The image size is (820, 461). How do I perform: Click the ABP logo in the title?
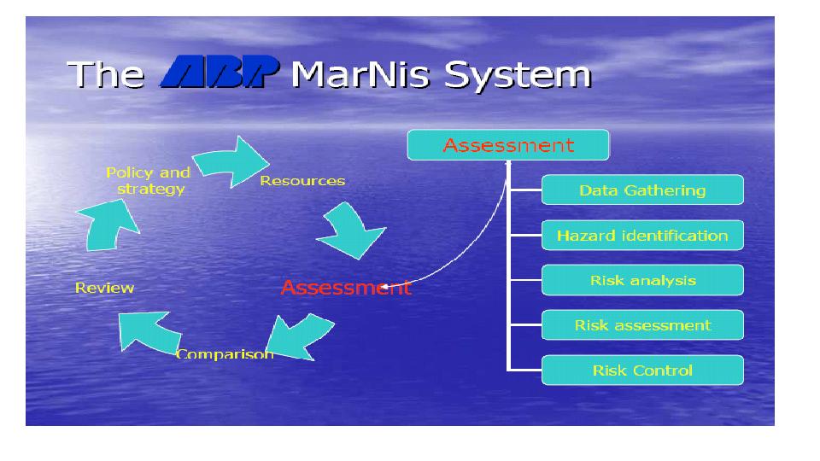click(x=220, y=74)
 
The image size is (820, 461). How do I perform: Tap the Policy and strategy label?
click(x=148, y=180)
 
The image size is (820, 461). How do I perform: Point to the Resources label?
click(x=302, y=181)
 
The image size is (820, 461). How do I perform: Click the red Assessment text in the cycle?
click(x=345, y=288)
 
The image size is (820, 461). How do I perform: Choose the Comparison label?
click(x=225, y=353)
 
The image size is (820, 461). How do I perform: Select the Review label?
click(x=104, y=288)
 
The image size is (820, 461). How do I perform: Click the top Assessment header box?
click(x=507, y=145)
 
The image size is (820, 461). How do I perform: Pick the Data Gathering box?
click(x=642, y=190)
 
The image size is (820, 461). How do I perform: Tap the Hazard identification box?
click(x=642, y=236)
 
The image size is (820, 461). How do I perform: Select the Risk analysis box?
click(x=642, y=280)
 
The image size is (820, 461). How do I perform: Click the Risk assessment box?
click(x=642, y=325)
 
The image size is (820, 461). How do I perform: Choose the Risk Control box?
click(x=642, y=371)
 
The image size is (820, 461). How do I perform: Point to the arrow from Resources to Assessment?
click(x=350, y=232)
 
